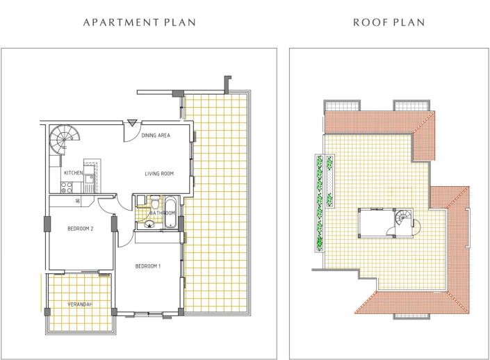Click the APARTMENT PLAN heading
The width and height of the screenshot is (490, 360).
tap(140, 22)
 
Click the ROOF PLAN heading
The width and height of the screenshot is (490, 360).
tap(389, 22)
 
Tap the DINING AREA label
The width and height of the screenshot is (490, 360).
tap(156, 136)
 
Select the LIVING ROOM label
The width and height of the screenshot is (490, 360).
tap(159, 174)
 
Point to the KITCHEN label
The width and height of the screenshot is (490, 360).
tap(74, 173)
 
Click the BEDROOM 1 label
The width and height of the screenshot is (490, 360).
tap(148, 266)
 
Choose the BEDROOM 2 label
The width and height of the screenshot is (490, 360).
tap(81, 229)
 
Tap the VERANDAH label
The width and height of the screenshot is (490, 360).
tap(81, 304)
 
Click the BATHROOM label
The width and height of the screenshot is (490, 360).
tap(162, 213)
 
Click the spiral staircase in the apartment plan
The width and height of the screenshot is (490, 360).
tap(65, 140)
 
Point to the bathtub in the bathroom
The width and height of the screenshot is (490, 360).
tap(170, 212)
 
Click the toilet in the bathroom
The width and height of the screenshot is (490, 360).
tap(155, 202)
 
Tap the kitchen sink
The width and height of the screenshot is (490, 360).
tap(90, 179)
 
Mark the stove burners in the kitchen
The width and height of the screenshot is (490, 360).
tap(66, 187)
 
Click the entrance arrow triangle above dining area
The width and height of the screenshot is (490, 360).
tap(132, 123)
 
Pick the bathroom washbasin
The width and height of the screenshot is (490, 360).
tap(149, 224)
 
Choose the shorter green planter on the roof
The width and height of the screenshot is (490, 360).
tap(329, 181)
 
